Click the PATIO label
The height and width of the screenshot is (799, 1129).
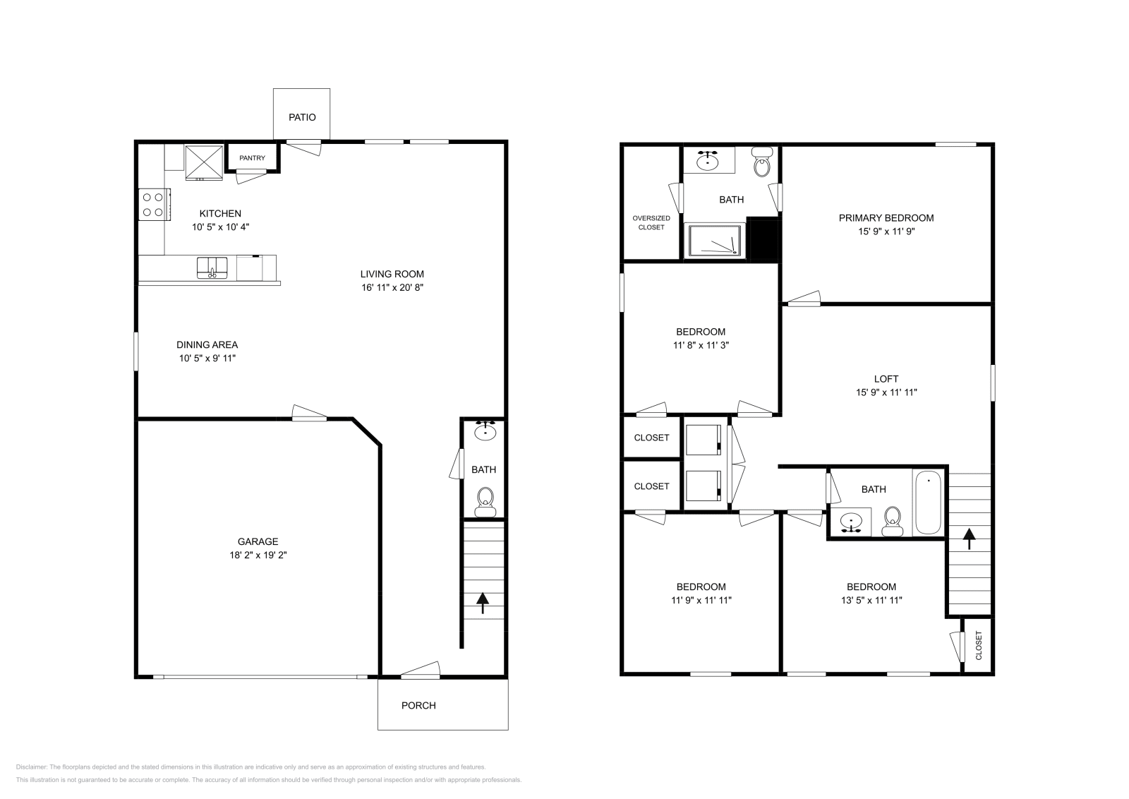point(302,117)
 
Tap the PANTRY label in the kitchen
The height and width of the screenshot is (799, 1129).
point(252,158)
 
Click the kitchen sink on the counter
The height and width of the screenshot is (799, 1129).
point(212,268)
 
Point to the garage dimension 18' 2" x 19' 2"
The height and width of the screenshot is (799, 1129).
point(258,555)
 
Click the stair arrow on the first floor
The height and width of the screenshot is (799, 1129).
point(483,603)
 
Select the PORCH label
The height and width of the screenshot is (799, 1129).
point(418,705)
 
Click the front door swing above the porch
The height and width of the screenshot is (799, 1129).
point(421,670)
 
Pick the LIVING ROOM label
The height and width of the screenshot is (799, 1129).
point(392,274)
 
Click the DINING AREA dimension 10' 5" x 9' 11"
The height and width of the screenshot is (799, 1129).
point(207,359)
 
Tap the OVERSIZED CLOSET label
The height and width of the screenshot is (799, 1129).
point(651,223)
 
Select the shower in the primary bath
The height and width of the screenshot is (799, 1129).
point(715,240)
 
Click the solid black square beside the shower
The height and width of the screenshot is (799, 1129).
point(762,239)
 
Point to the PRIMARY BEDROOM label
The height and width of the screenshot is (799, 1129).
point(886,218)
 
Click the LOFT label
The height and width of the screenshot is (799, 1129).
point(886,379)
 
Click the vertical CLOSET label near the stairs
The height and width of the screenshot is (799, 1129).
point(979,646)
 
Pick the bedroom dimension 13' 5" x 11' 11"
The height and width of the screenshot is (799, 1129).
point(871,601)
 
